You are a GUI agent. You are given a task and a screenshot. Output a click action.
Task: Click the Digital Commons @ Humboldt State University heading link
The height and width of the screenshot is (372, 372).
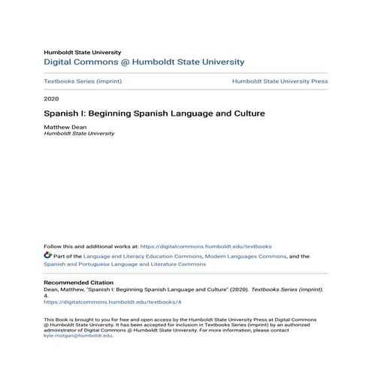pos(144,62)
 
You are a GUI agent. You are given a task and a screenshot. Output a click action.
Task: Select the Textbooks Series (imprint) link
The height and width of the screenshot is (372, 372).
pos(83,81)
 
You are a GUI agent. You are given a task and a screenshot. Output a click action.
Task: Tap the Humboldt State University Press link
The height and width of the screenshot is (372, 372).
pos(280,81)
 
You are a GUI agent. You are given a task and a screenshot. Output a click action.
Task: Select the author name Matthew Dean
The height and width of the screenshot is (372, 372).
pos(65,128)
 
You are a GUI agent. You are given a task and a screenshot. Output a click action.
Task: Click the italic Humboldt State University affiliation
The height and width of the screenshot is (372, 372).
pos(79,134)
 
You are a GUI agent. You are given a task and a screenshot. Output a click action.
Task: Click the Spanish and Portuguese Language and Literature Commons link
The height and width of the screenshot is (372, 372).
pos(124,265)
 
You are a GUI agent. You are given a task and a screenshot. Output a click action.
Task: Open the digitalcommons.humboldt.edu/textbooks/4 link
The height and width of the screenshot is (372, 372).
pos(113,302)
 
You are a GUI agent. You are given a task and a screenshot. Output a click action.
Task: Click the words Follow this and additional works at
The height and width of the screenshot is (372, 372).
pos(91,246)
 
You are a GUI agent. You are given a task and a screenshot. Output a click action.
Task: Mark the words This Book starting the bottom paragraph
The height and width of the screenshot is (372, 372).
pos(57,319)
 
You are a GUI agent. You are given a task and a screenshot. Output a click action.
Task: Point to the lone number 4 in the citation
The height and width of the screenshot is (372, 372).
pos(46,296)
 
